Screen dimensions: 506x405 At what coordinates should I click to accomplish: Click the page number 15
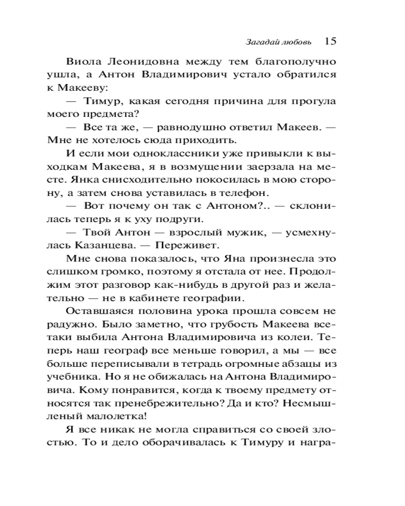point(330,41)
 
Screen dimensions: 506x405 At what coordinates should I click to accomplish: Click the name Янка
point(76,180)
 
